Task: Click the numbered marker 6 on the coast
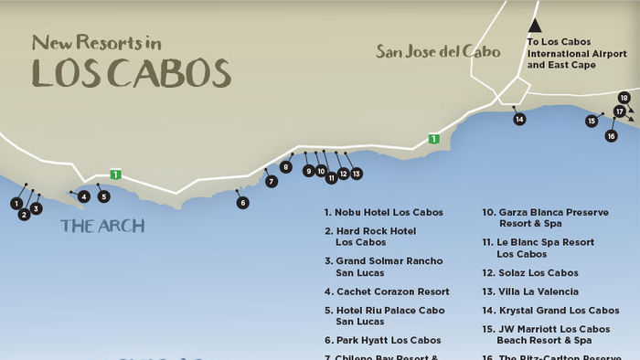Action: (x=242, y=203)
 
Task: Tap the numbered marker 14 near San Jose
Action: (x=519, y=120)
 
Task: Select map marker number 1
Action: (x=16, y=203)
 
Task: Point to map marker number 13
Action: (x=356, y=173)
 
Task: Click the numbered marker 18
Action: (x=624, y=98)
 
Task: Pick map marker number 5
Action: (x=103, y=196)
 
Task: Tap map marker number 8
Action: (x=286, y=167)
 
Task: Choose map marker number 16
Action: (x=611, y=136)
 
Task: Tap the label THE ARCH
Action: (x=102, y=226)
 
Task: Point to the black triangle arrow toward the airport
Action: (x=535, y=26)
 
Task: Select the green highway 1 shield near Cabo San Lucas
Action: (x=115, y=174)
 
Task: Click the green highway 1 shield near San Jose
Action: (x=434, y=139)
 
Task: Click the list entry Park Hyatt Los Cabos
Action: (x=383, y=341)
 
